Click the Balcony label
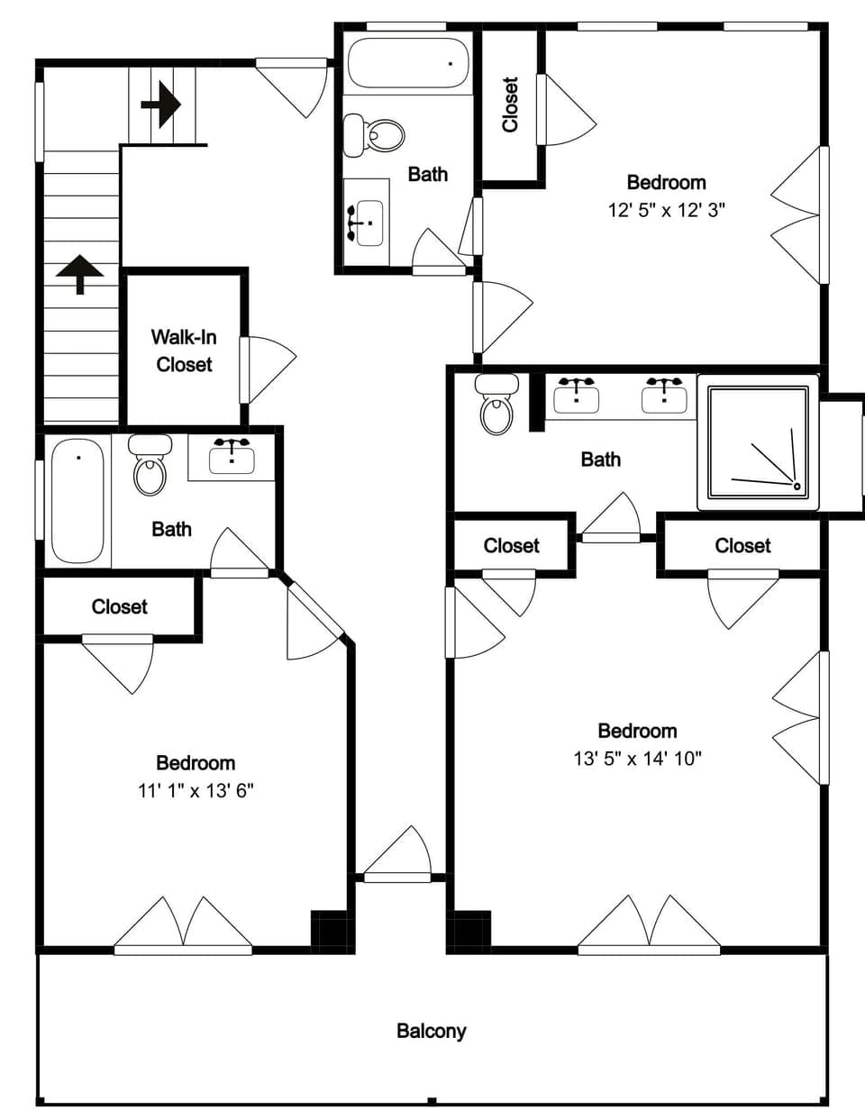tap(431, 1031)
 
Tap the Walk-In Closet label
tap(183, 350)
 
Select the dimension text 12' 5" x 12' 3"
tap(667, 209)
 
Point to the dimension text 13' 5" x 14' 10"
tap(637, 758)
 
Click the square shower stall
tap(757, 441)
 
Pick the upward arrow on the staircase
tap(80, 274)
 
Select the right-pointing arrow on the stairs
tap(161, 105)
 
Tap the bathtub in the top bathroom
tap(408, 63)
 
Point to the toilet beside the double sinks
tap(496, 405)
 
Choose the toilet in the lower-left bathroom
tap(150, 465)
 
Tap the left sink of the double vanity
tap(577, 396)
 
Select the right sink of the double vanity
tap(664, 396)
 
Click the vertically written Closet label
tap(510, 105)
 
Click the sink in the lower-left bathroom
tap(232, 457)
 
